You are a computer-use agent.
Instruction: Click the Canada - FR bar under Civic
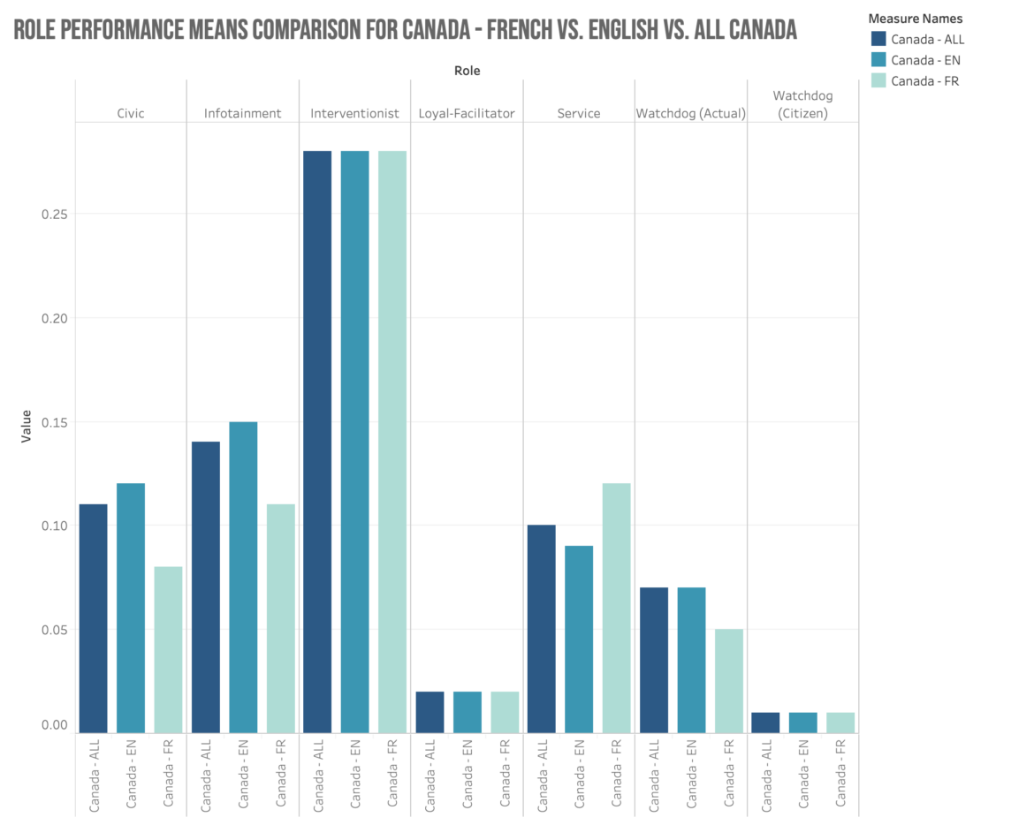pos(168,649)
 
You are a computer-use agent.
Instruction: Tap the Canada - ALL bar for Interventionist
pos(317,442)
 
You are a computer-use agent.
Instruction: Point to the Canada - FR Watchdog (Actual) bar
pos(728,680)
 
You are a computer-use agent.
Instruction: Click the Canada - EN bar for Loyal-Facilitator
pos(468,712)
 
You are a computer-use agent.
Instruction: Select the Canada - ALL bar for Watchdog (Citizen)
pos(765,723)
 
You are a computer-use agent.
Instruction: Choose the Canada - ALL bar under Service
pos(541,629)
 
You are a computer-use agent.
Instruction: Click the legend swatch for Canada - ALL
pos(878,39)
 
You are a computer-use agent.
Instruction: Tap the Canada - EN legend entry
pos(924,60)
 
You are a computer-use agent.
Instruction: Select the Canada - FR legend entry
pos(924,81)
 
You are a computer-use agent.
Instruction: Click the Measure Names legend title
pos(916,18)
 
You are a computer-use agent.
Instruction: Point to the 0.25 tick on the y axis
pos(55,214)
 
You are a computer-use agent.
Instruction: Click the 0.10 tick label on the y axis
pos(55,526)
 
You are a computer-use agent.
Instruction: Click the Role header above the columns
pos(467,70)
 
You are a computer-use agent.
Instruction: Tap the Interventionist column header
pos(354,113)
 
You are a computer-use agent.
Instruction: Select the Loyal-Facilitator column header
pos(467,113)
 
